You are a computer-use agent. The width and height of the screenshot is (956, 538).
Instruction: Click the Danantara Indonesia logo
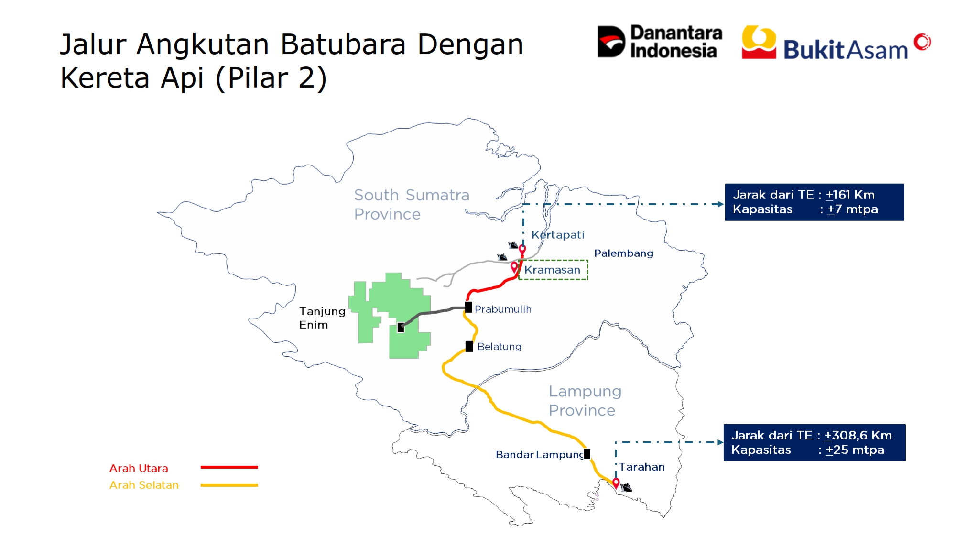click(659, 42)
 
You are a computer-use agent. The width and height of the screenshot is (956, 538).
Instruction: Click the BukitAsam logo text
click(845, 50)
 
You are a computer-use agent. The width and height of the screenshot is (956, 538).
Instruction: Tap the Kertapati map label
click(558, 235)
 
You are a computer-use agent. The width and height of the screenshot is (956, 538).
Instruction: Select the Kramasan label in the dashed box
click(552, 270)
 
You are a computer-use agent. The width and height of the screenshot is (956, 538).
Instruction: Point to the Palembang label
click(623, 253)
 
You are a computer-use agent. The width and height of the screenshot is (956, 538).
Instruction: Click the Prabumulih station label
click(503, 309)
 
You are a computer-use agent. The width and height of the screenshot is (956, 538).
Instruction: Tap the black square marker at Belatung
click(469, 346)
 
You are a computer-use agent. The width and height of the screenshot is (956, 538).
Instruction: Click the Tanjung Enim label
click(322, 318)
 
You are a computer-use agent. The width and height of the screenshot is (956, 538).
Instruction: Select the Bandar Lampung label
click(540, 455)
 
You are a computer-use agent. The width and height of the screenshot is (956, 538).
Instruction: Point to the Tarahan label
click(642, 467)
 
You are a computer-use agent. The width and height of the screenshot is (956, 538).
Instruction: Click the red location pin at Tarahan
click(616, 483)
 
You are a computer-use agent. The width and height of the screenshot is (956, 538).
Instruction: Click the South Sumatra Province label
click(412, 204)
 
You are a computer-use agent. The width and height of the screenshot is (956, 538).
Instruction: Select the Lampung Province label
click(585, 401)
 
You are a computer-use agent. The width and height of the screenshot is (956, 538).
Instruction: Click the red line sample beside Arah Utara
click(229, 467)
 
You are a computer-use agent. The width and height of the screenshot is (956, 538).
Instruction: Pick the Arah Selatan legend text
click(144, 485)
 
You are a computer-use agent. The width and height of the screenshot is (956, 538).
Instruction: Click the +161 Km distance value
click(850, 195)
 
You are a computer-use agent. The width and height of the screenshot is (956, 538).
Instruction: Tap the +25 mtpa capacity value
click(855, 450)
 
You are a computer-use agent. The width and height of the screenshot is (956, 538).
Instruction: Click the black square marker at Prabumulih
click(468, 307)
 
